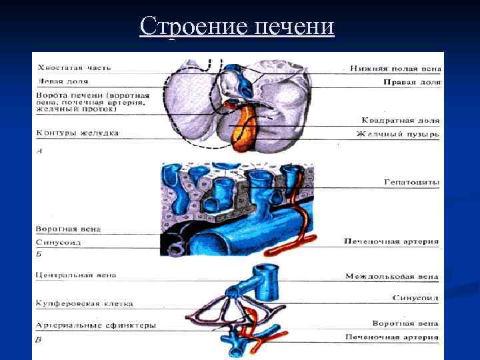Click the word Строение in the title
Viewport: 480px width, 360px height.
pos(194,27)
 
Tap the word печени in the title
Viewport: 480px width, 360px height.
pos(294,27)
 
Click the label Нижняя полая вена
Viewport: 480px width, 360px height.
pos(394,68)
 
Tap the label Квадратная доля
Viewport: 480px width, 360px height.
pos(400,121)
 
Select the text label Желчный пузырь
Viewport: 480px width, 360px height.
pos(398,134)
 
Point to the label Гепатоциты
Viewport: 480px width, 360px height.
pos(412,181)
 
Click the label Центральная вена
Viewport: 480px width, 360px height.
pos(77,274)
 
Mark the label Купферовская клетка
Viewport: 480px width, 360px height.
pos(85,303)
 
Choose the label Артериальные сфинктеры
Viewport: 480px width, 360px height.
pos(96,325)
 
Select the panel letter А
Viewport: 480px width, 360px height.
pos(40,151)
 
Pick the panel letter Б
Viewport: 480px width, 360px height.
pos(40,254)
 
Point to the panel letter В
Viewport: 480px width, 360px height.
pos(40,340)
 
